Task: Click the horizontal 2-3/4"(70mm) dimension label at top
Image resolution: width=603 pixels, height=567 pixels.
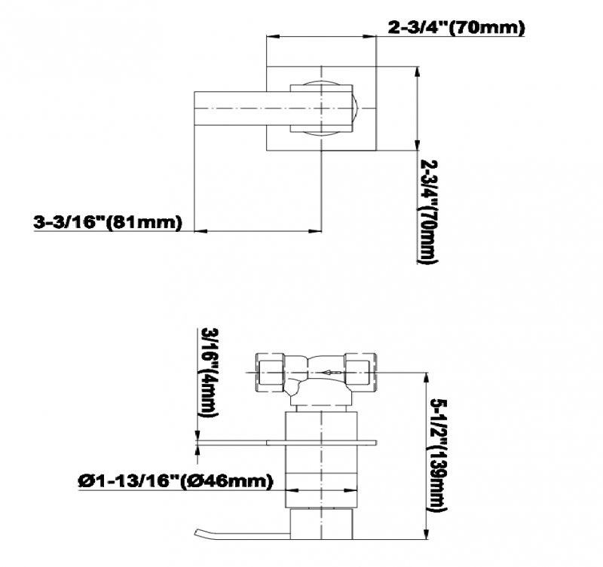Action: (456, 27)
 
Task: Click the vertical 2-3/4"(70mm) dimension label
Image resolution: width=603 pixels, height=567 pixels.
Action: (428, 212)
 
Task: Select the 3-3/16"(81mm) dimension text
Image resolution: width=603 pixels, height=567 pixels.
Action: (107, 223)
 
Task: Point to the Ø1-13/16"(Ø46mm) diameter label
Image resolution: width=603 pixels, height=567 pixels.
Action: (176, 481)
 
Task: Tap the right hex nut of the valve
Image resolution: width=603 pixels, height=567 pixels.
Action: (360, 372)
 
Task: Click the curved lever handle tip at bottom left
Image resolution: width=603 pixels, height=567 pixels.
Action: (197, 532)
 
